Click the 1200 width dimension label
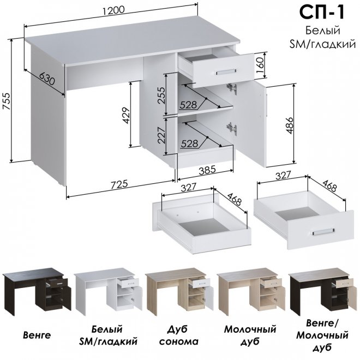[x=113, y=11]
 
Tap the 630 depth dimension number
[x=47, y=79]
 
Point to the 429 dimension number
[x=127, y=116]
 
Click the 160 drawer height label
[x=260, y=65]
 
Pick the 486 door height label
[x=290, y=125]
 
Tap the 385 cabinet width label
[x=207, y=170]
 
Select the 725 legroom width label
[x=119, y=185]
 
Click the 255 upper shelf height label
[x=161, y=95]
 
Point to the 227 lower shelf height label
[x=161, y=135]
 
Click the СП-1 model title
[x=322, y=13]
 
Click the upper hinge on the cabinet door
[x=232, y=88]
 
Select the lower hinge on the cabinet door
[x=232, y=128]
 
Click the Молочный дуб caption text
[x=250, y=335]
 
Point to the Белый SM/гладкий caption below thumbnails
[x=108, y=335]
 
